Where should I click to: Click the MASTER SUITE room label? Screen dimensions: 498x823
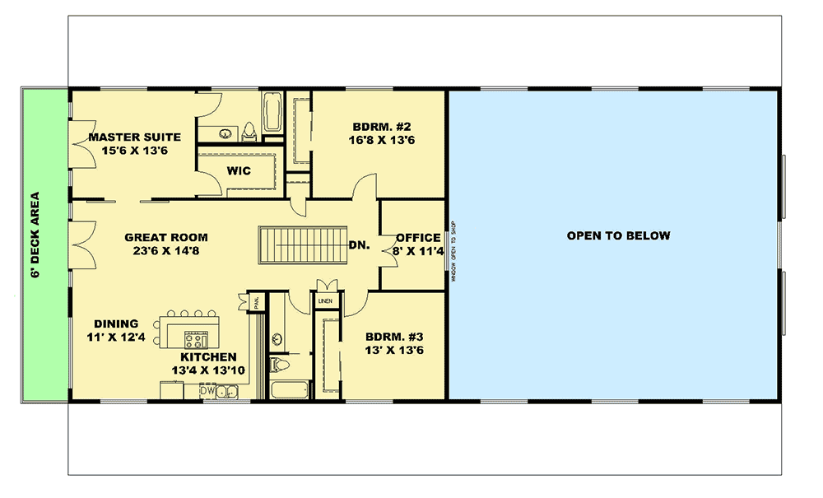click(134, 137)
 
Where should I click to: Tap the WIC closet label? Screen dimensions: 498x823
click(238, 171)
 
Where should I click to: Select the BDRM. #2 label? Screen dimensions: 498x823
click(382, 126)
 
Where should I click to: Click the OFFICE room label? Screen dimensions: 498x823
click(418, 238)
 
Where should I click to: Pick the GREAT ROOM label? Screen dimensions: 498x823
click(166, 237)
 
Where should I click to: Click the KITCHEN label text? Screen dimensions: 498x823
click(209, 357)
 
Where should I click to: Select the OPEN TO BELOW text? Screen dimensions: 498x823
click(618, 235)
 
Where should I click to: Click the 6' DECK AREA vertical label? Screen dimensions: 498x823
click(36, 235)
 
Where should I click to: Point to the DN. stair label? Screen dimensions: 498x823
click(358, 244)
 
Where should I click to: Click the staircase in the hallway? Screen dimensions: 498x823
click(300, 244)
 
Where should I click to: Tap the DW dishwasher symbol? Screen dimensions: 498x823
click(207, 392)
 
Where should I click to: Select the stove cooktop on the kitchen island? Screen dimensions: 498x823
click(196, 337)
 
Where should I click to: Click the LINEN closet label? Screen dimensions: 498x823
click(324, 302)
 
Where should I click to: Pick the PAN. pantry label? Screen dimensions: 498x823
click(255, 301)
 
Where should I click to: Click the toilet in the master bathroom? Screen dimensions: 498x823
click(250, 131)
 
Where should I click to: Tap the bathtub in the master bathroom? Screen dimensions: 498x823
click(272, 113)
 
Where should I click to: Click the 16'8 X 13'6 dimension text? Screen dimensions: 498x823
click(381, 140)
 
